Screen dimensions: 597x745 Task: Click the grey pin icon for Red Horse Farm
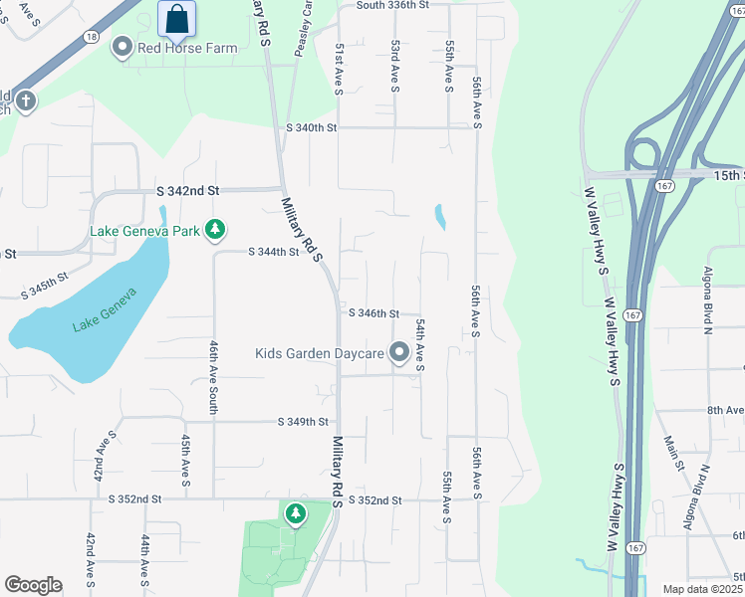[x=123, y=47]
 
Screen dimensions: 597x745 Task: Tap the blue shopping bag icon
[x=176, y=18]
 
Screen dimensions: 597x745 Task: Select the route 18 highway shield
[x=92, y=36]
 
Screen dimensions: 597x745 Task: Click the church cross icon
[x=25, y=99]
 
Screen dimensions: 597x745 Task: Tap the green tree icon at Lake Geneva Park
[x=214, y=230]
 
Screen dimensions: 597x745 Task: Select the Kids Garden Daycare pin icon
[x=399, y=352]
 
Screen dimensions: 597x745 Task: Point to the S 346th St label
[x=373, y=313]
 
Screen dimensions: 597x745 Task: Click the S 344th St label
[x=273, y=253]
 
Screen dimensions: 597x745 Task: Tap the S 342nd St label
[x=186, y=190]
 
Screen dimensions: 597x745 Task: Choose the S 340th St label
[x=312, y=128]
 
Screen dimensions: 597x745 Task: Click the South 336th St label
[x=391, y=5]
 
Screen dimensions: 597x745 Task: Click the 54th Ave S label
[x=421, y=346]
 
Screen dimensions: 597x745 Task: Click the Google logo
[x=33, y=584]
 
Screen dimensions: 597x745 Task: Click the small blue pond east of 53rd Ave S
[x=439, y=216]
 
